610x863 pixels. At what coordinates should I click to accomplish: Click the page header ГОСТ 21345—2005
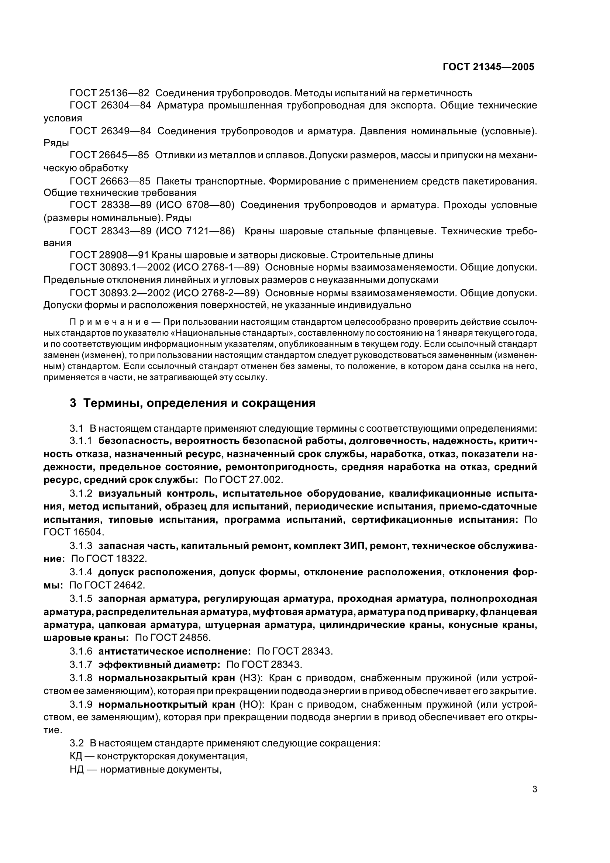[488, 67]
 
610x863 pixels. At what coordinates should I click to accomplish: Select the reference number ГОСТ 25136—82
[109, 93]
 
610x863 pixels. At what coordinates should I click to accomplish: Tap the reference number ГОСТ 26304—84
[110, 106]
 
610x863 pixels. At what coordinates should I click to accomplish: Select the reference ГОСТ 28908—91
[109, 255]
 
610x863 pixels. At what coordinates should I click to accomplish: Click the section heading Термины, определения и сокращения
[199, 403]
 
